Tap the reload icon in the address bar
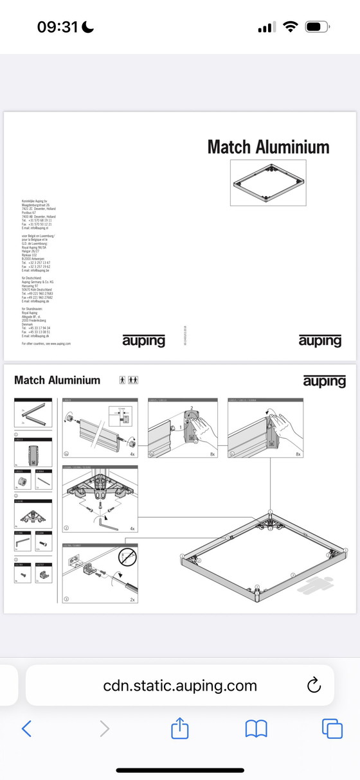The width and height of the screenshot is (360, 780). tap(314, 686)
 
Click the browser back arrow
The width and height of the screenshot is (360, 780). tap(26, 728)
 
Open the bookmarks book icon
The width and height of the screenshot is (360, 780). tap(256, 728)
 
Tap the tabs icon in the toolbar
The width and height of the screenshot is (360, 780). tap(332, 728)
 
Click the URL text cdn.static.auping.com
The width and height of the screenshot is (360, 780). tap(180, 686)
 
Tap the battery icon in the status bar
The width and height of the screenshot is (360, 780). tap(318, 27)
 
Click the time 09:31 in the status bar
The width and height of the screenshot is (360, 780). tap(57, 27)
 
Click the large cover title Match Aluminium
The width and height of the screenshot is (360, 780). tap(268, 147)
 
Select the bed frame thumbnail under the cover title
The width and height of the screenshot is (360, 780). tap(268, 183)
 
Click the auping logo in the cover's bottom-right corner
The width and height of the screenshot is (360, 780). tap(319, 340)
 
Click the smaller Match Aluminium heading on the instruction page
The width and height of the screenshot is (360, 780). tap(57, 380)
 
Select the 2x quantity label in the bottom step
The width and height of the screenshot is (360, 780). tap(132, 599)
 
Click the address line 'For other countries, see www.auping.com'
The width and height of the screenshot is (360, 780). tap(46, 344)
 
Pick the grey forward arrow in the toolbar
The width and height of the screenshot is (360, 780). tap(104, 728)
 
